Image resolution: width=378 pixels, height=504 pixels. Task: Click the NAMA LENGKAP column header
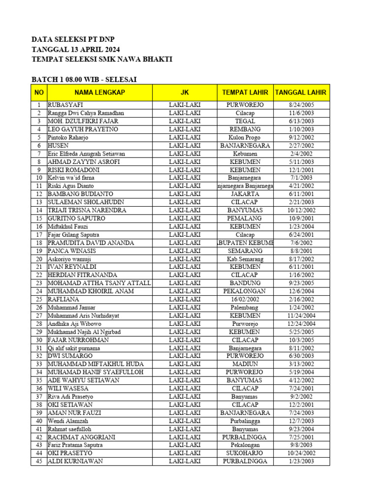pos(99,93)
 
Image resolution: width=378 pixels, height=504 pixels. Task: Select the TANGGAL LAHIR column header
pos(301,93)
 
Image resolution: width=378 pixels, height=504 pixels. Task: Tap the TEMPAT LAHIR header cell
pos(245,93)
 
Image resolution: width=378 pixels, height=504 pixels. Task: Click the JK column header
pos(185,93)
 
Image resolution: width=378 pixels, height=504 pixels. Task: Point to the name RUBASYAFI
pos(65,105)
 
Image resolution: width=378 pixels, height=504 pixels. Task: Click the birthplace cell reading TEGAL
pos(245,121)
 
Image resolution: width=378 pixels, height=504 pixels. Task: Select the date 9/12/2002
pos(302,137)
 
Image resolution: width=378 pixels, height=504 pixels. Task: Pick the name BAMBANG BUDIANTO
pos(80,194)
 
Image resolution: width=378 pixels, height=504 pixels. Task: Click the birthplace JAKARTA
pos(245,194)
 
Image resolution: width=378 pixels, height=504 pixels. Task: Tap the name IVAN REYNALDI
pos(72,267)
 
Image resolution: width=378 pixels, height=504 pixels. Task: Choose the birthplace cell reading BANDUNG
pos(245,283)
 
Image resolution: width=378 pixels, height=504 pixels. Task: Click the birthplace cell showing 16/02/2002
pos(245,299)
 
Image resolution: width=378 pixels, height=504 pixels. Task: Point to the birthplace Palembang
pos(245,307)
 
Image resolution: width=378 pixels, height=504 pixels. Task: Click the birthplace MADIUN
pos(245,364)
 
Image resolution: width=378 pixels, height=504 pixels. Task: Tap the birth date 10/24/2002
pos(302,453)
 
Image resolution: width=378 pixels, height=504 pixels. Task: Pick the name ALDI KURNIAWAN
pos(75,461)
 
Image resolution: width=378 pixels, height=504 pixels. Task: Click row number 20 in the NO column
pos(38,259)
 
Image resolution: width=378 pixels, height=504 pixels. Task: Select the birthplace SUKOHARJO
pos(245,453)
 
